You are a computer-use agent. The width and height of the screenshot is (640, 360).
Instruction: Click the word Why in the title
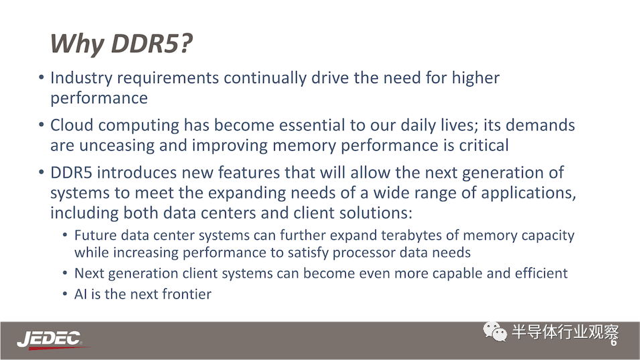(x=77, y=44)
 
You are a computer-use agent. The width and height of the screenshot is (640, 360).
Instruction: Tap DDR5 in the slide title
(x=145, y=43)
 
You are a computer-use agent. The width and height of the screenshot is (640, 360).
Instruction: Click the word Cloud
(x=72, y=125)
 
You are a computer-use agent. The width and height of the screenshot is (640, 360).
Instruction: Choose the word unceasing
(x=117, y=145)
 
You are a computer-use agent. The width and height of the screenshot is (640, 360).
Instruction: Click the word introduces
(x=137, y=172)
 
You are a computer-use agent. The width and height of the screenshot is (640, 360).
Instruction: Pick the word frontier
(x=188, y=294)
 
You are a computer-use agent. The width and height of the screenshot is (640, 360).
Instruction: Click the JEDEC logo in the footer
(x=51, y=339)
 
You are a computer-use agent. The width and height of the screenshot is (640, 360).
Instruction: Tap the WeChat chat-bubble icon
(x=495, y=331)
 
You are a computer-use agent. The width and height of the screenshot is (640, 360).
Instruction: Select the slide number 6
(x=613, y=343)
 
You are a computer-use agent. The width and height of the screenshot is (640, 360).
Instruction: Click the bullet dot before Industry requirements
(x=42, y=76)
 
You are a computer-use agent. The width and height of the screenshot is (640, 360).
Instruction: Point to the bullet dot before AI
(x=65, y=293)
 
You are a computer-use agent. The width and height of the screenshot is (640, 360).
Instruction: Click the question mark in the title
(x=186, y=43)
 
